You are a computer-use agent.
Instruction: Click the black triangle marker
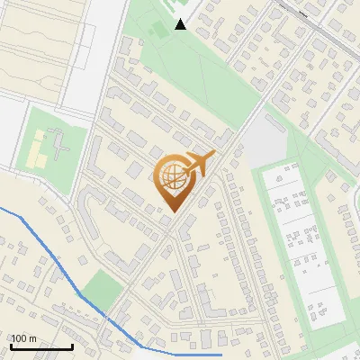tap(181, 24)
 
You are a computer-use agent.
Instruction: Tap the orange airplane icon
tap(201, 164)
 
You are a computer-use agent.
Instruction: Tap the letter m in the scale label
tap(34, 339)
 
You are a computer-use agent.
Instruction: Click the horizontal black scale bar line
tap(41, 347)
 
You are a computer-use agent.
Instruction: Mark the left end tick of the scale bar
tap(11, 346)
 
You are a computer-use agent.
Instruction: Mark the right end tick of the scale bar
tap(72, 346)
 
